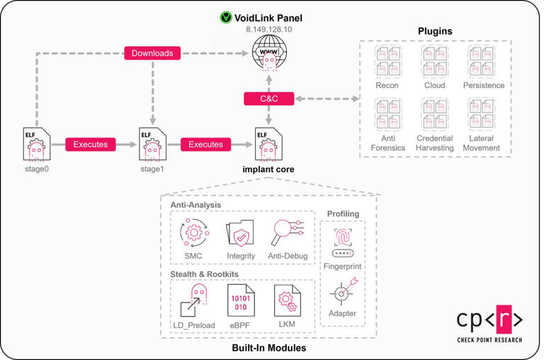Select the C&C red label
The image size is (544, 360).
[x=269, y=99]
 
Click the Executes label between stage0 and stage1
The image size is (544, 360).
[x=91, y=144]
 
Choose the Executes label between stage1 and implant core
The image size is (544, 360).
[x=206, y=144]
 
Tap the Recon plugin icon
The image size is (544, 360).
[x=387, y=62]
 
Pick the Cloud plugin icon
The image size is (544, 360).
[x=435, y=62]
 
